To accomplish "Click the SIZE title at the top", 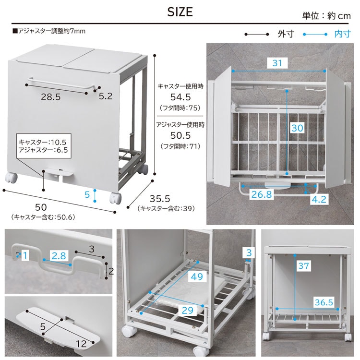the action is (180, 12).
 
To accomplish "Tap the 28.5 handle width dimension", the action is (51, 97).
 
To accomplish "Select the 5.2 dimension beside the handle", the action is (106, 96).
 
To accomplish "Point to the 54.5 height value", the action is (180, 97).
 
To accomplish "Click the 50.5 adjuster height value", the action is (180, 135).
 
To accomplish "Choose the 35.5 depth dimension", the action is (160, 199).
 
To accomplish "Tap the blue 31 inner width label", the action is (277, 63).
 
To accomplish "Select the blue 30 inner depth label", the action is (297, 128).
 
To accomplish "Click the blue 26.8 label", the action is (262, 194).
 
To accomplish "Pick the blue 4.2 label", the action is (319, 199).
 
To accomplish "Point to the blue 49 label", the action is (197, 276).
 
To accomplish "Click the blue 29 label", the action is (187, 311).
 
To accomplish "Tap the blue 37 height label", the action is (303, 265).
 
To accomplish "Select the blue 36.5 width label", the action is (324, 302).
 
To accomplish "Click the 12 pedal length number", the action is (81, 344).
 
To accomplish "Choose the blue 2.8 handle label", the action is (59, 255).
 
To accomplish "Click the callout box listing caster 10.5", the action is (44, 146).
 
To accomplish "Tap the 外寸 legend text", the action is (286, 34).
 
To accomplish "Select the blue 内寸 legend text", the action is (343, 34).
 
